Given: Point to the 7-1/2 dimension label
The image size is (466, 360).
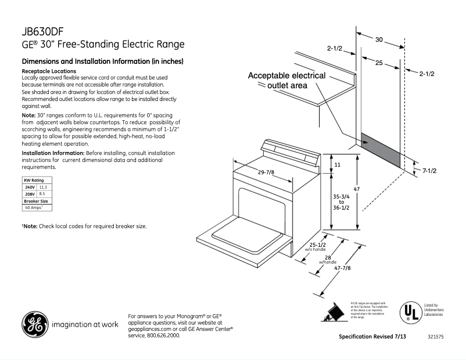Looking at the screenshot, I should (x=429, y=171).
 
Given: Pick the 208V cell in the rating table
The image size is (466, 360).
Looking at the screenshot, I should (x=30, y=194).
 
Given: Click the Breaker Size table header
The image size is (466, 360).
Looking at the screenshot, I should (x=36, y=201).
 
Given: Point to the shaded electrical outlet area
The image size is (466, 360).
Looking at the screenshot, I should (x=381, y=150).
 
